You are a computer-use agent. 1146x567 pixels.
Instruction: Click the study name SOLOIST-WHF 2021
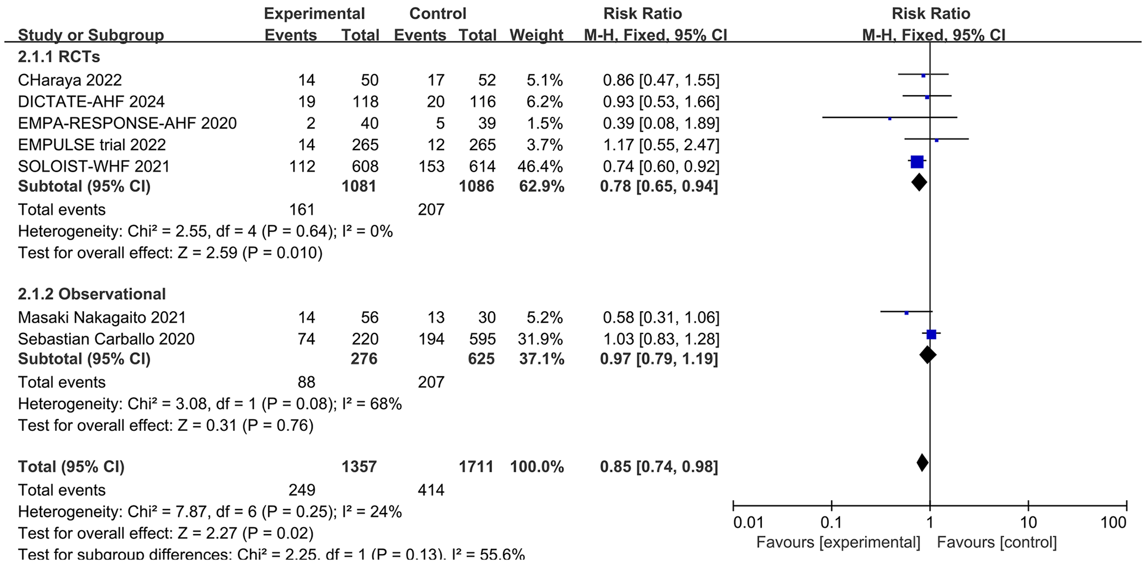[94, 166]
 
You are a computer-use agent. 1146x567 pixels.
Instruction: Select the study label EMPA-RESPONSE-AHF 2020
[127, 123]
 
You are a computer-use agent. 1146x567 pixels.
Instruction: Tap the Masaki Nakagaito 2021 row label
[102, 318]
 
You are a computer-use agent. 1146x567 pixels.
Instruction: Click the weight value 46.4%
[536, 166]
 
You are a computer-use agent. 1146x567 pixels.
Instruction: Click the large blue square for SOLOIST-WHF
[917, 163]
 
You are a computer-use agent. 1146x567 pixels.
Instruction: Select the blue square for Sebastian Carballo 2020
[931, 335]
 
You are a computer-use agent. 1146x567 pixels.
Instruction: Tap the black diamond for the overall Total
[922, 463]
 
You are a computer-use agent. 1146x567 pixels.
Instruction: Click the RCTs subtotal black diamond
[919, 183]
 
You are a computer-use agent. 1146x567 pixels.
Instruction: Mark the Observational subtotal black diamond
[927, 355]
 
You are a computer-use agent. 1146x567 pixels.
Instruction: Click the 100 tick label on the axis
[1113, 522]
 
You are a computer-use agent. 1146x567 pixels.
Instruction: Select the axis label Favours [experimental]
[838, 542]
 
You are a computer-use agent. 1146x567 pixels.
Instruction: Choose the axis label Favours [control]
[996, 542]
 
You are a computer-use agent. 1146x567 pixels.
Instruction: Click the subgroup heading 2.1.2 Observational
[92, 294]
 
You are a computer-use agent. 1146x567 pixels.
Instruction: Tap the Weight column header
[536, 35]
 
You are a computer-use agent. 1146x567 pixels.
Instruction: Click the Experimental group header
[314, 14]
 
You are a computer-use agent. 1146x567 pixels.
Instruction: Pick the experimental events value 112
[302, 166]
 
